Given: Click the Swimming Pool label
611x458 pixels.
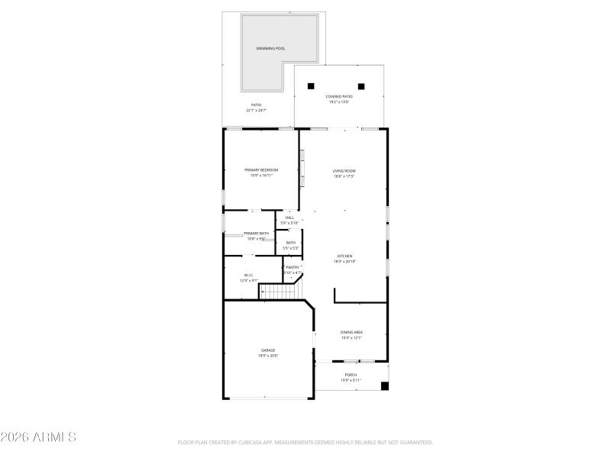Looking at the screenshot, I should (x=270, y=48).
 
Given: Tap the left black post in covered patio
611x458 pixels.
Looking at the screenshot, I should (x=311, y=86).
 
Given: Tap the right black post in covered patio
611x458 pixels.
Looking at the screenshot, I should (x=361, y=86).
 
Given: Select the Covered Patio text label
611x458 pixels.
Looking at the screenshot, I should (x=338, y=96).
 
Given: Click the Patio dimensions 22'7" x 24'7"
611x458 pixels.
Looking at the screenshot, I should (x=257, y=111).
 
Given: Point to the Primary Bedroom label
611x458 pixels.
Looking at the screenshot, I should (x=261, y=169).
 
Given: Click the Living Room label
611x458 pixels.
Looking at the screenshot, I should (x=344, y=171).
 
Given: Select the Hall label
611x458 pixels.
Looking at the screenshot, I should (x=289, y=218).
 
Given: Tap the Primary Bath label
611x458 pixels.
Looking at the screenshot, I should (x=257, y=233).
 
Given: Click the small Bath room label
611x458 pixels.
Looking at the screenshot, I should (x=290, y=243).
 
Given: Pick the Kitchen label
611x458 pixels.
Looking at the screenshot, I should (x=345, y=256).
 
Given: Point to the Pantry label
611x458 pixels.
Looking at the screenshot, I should (x=293, y=267).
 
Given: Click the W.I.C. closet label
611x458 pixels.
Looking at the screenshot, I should (x=248, y=275).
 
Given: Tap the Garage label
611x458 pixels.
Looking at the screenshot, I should (x=268, y=350).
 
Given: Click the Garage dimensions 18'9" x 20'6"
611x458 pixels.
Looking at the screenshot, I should (x=268, y=356).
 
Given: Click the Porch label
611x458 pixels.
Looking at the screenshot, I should (x=351, y=375).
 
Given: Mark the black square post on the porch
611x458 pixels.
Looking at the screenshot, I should (x=384, y=386).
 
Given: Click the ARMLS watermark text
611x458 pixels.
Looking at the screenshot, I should (x=38, y=437).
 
